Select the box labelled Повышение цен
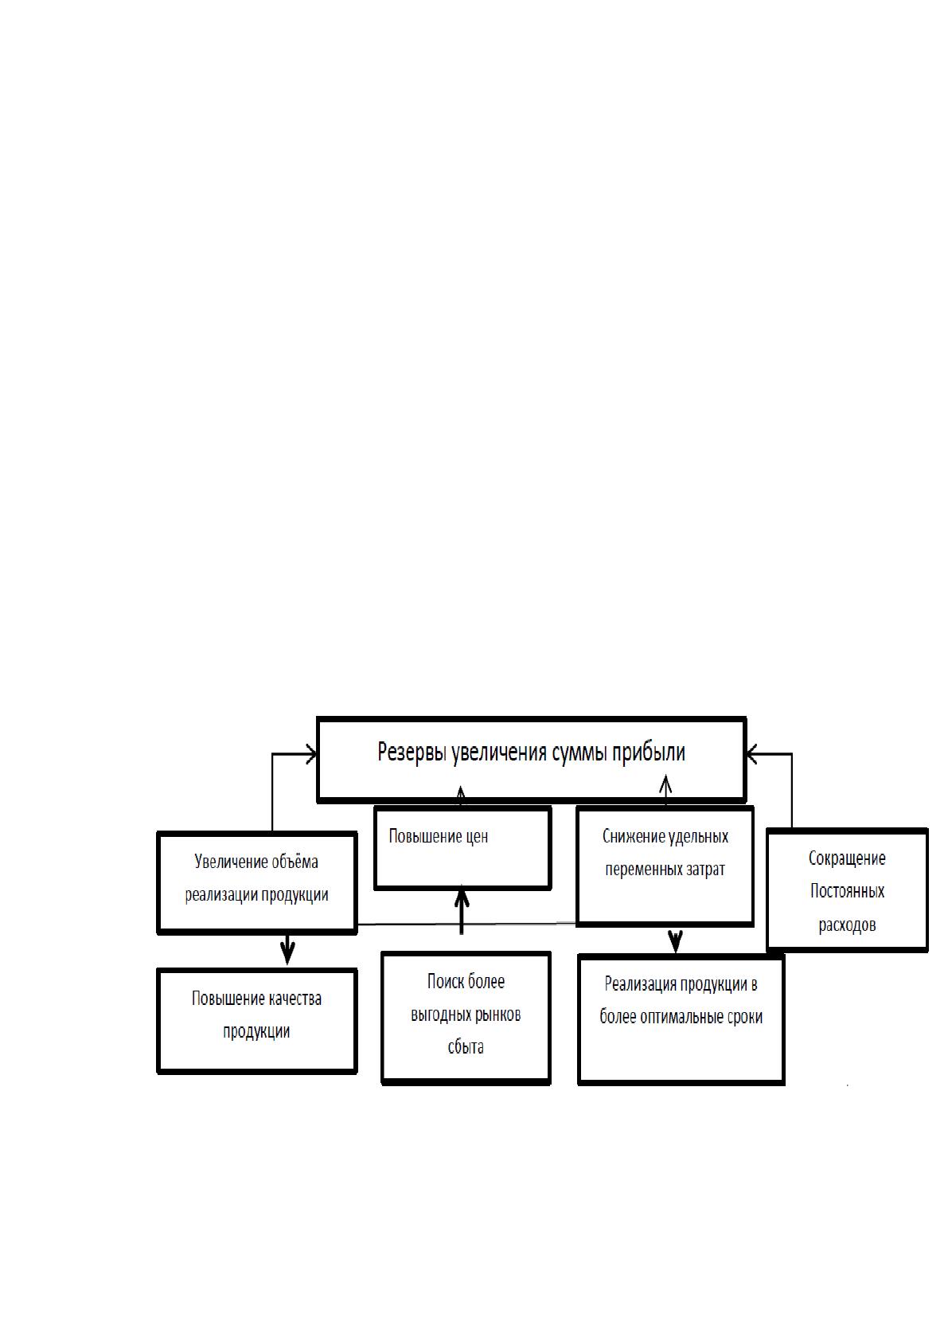tap(462, 848)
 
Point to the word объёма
tap(295, 862)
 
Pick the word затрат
tap(705, 870)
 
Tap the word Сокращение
tap(847, 858)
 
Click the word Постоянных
tap(847, 891)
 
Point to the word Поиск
tap(441, 981)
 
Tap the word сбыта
tap(466, 1047)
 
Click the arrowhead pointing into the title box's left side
tap(311, 754)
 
